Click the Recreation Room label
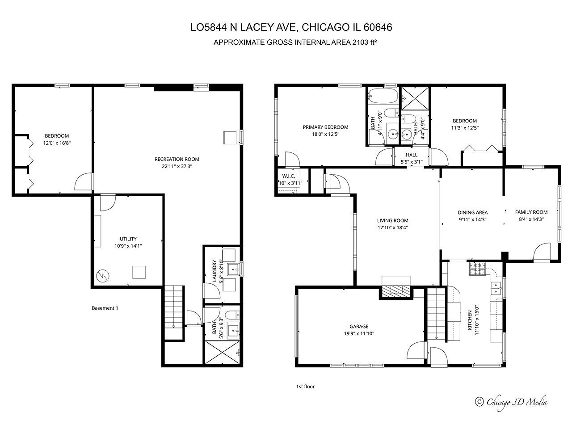click(177, 159)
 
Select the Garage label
click(359, 326)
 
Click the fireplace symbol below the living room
click(395, 288)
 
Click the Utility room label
click(128, 239)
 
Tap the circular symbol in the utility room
click(103, 276)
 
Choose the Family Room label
click(531, 212)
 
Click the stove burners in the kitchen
click(477, 269)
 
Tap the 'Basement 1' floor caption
click(105, 308)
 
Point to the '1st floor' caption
click(305, 387)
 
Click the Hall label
click(411, 155)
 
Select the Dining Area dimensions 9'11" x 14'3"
click(472, 219)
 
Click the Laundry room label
click(214, 271)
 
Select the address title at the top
click(291, 28)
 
